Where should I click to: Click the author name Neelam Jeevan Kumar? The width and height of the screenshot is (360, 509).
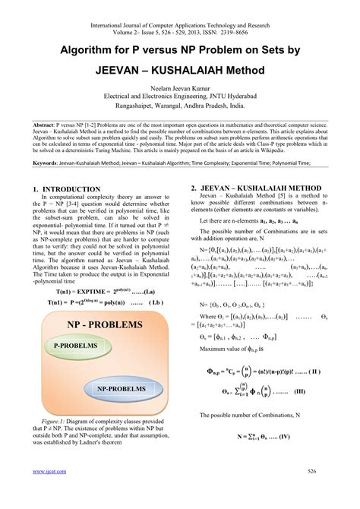tap(180, 88)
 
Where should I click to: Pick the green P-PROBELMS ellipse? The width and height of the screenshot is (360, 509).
tap(75, 346)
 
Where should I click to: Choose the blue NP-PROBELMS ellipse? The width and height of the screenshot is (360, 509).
tap(121, 388)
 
